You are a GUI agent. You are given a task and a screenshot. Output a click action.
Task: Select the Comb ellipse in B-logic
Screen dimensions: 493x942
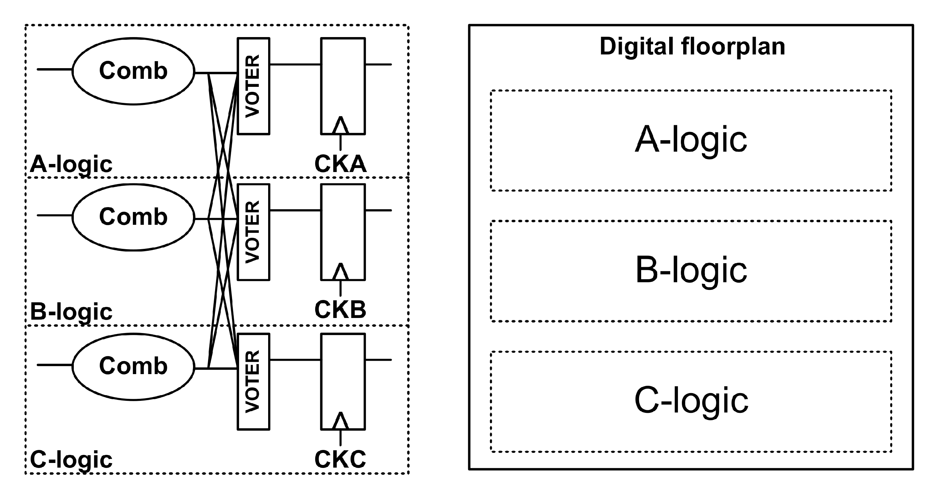(x=133, y=217)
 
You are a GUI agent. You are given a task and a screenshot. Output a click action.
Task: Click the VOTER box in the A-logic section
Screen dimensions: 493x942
(x=253, y=86)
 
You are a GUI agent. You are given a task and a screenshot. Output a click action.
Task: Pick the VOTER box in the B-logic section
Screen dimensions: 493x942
(x=253, y=232)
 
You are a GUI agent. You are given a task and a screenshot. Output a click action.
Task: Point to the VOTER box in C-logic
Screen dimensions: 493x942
(x=253, y=381)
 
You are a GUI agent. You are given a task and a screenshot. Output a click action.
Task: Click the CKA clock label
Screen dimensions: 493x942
(x=340, y=164)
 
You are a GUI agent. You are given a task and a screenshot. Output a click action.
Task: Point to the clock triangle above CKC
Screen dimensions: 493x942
(x=341, y=421)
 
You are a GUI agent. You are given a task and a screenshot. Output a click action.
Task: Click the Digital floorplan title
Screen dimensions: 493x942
(x=692, y=47)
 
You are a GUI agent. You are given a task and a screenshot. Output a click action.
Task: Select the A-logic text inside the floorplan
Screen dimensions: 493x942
(x=691, y=140)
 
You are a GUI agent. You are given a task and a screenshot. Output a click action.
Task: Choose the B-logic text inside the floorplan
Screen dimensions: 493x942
(x=691, y=271)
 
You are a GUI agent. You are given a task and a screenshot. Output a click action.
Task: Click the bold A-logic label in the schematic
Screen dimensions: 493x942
(x=71, y=165)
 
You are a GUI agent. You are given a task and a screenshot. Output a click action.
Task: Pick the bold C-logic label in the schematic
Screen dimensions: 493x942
(x=71, y=460)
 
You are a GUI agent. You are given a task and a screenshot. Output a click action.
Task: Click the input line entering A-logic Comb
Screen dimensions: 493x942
(x=54, y=69)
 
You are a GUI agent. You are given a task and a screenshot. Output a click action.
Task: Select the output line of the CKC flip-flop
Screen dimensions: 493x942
(x=378, y=360)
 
